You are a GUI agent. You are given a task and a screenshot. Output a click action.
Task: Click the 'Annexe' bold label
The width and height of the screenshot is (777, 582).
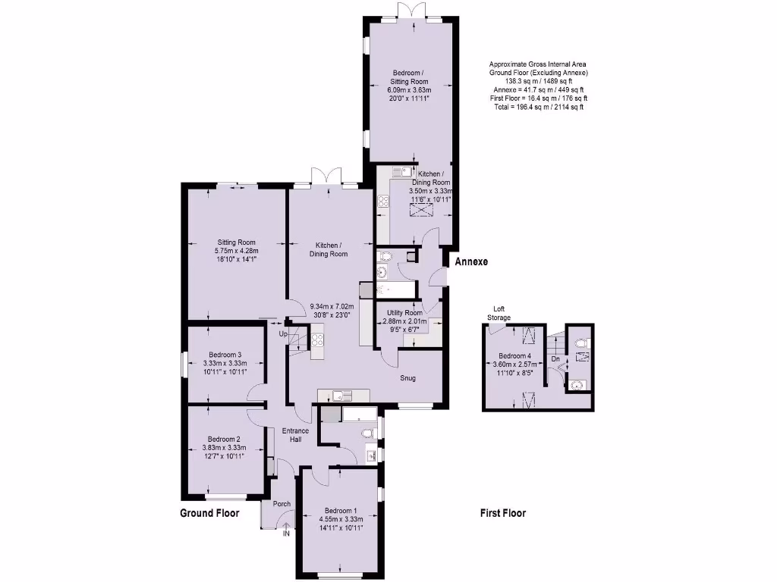click(x=470, y=262)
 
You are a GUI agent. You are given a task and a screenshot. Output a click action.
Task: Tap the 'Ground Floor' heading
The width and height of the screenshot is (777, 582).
click(x=209, y=513)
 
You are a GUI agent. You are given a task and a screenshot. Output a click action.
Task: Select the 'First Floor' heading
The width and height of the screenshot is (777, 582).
click(x=502, y=513)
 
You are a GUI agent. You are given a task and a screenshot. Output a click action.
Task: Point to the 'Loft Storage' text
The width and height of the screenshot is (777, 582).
click(x=499, y=313)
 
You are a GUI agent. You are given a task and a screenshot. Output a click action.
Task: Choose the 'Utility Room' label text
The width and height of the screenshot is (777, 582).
click(x=404, y=313)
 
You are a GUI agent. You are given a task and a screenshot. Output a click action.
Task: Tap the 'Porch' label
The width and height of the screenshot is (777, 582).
click(x=282, y=504)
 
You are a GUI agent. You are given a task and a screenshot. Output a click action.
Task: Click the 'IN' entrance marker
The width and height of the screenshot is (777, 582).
click(x=286, y=533)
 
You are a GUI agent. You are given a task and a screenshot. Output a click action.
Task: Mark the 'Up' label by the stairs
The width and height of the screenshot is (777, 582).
click(x=282, y=333)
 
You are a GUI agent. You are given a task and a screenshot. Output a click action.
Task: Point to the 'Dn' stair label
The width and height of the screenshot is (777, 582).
click(x=555, y=358)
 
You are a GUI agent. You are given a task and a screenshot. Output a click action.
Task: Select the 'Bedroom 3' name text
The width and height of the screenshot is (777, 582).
click(x=225, y=355)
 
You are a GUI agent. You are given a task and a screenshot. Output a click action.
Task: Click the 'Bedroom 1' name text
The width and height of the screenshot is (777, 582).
click(x=339, y=510)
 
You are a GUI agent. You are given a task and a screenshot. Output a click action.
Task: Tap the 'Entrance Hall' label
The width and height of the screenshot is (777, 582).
click(x=295, y=436)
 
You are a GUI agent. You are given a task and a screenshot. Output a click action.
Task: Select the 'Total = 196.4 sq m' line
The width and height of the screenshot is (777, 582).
click(x=538, y=107)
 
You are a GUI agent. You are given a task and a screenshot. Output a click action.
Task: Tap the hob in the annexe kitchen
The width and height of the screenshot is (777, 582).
click(x=383, y=202)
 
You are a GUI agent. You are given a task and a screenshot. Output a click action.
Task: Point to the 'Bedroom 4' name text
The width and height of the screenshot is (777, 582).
click(x=514, y=355)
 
